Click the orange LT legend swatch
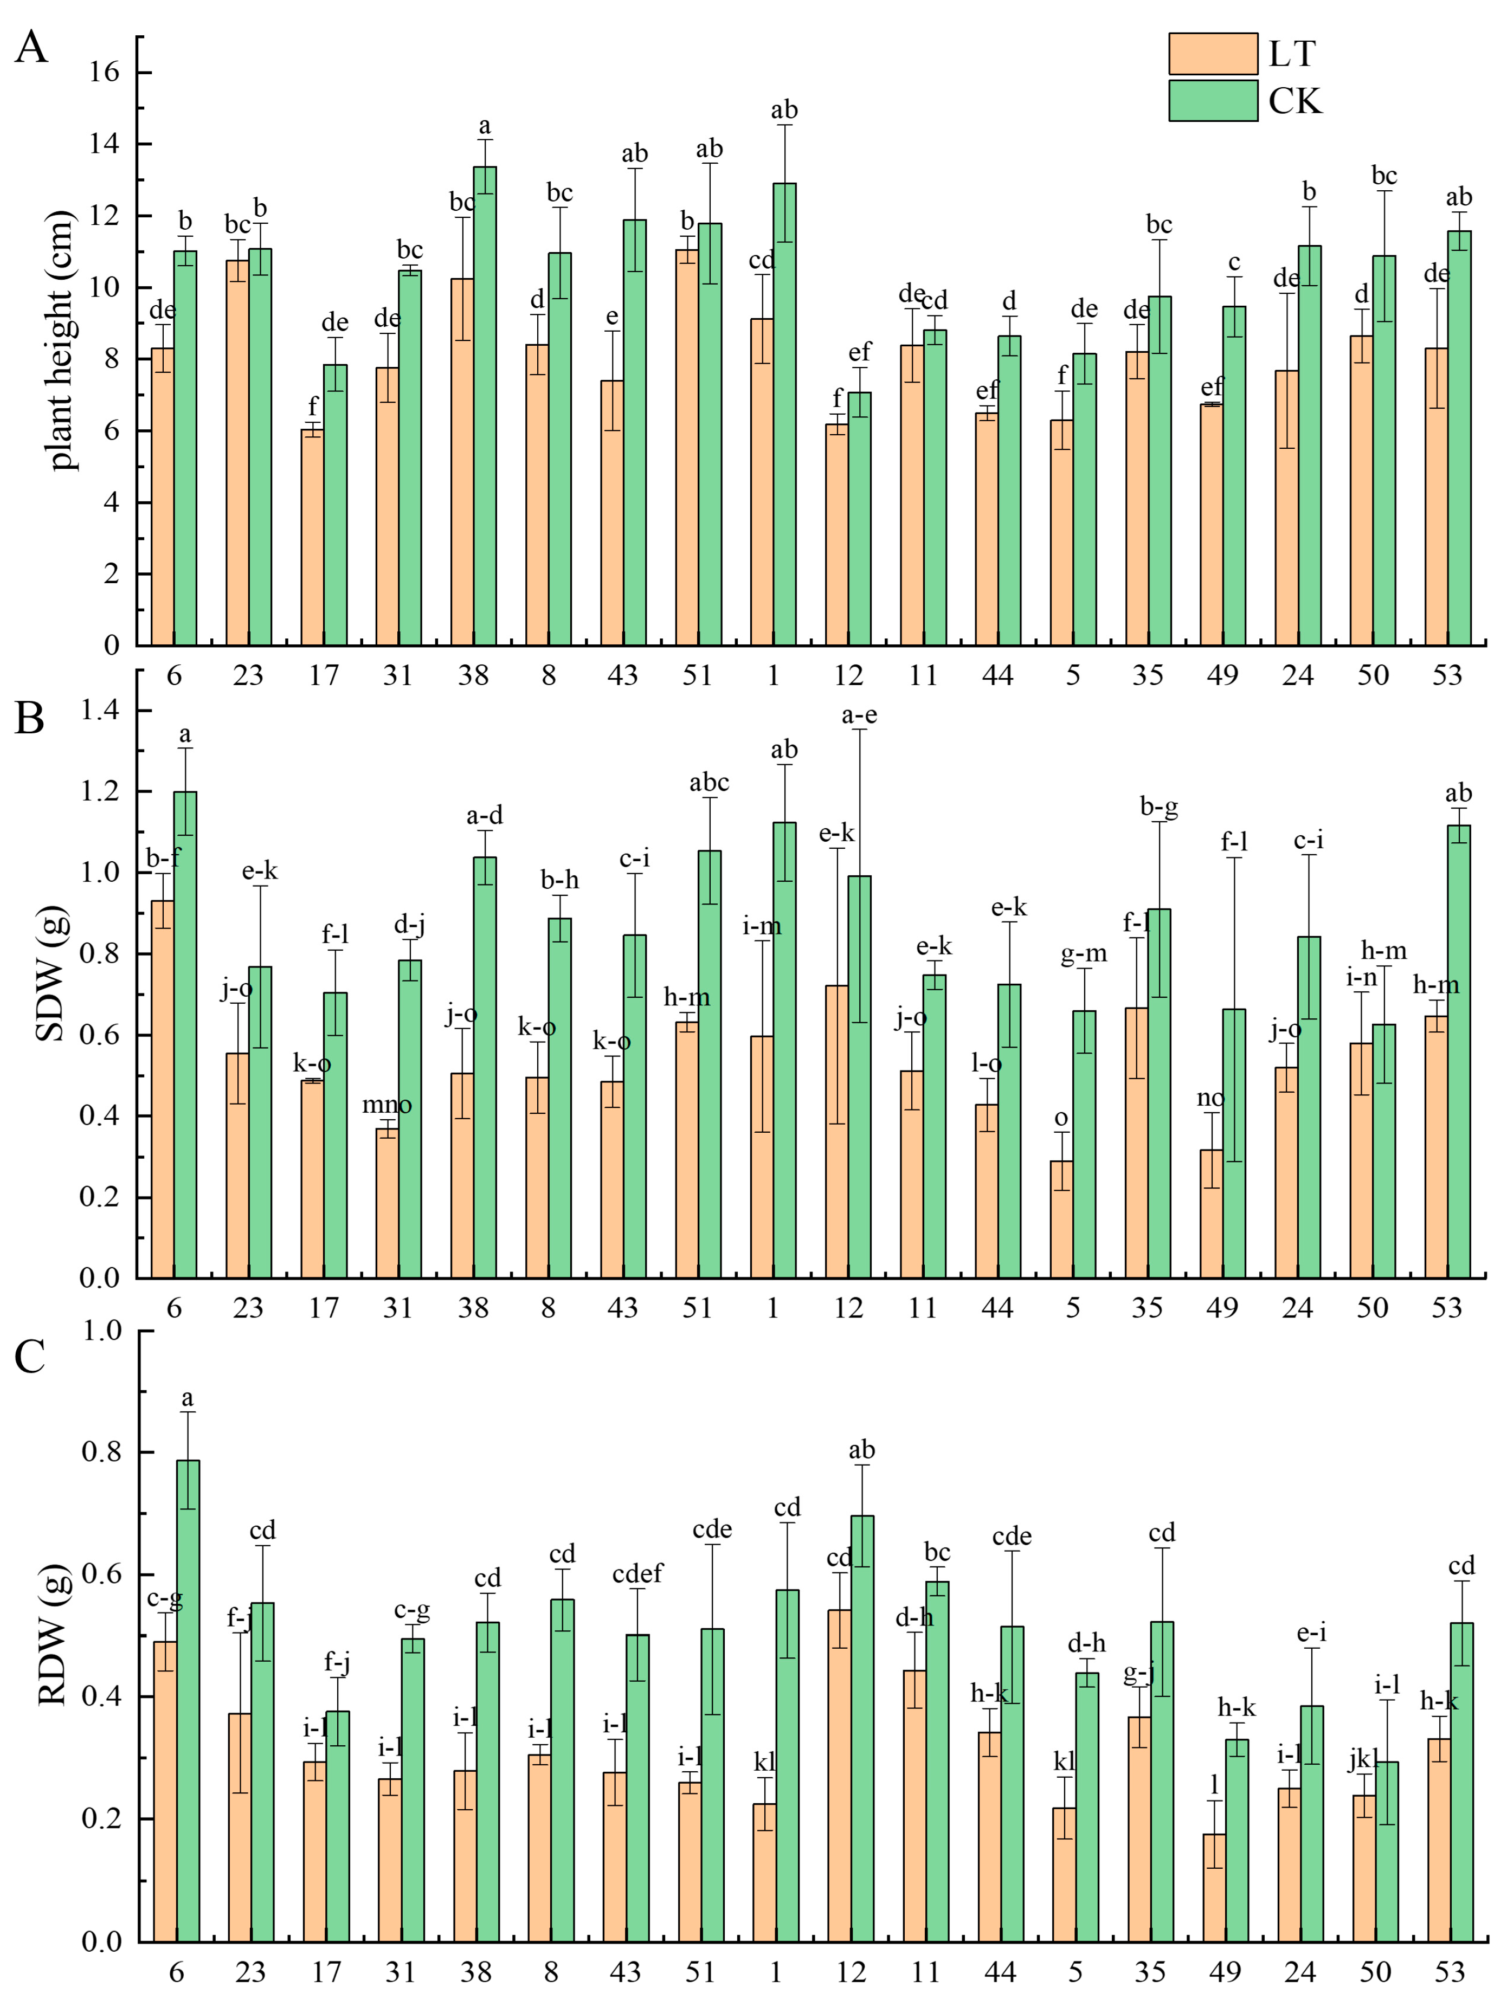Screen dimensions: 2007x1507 [x=1212, y=54]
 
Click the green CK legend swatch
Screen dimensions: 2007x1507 [x=1212, y=101]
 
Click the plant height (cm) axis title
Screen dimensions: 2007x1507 [x=60, y=340]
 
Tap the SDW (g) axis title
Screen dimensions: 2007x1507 [x=51, y=973]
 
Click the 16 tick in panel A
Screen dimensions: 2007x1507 [x=104, y=73]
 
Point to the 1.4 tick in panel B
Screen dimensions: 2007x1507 [x=100, y=711]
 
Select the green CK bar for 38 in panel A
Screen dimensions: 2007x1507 [x=485, y=408]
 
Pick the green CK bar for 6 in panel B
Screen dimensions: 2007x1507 [x=185, y=1034]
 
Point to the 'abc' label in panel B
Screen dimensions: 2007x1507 [x=709, y=782]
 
